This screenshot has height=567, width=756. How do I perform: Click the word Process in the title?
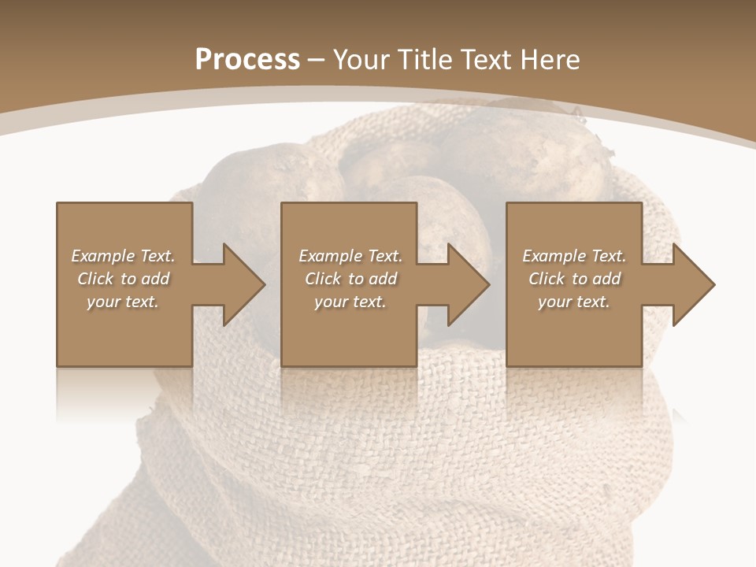pyautogui.click(x=247, y=60)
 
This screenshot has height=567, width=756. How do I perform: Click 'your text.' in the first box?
pyautogui.click(x=123, y=302)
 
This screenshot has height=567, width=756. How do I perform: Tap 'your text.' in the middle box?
pyautogui.click(x=350, y=302)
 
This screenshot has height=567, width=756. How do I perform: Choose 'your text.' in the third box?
pyautogui.click(x=574, y=302)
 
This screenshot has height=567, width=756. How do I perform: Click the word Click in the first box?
pyautogui.click(x=95, y=279)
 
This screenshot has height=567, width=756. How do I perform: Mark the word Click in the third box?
pyautogui.click(x=547, y=279)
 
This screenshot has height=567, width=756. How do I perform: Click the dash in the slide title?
pyautogui.click(x=316, y=60)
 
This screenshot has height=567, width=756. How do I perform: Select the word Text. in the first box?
pyautogui.click(x=157, y=256)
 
